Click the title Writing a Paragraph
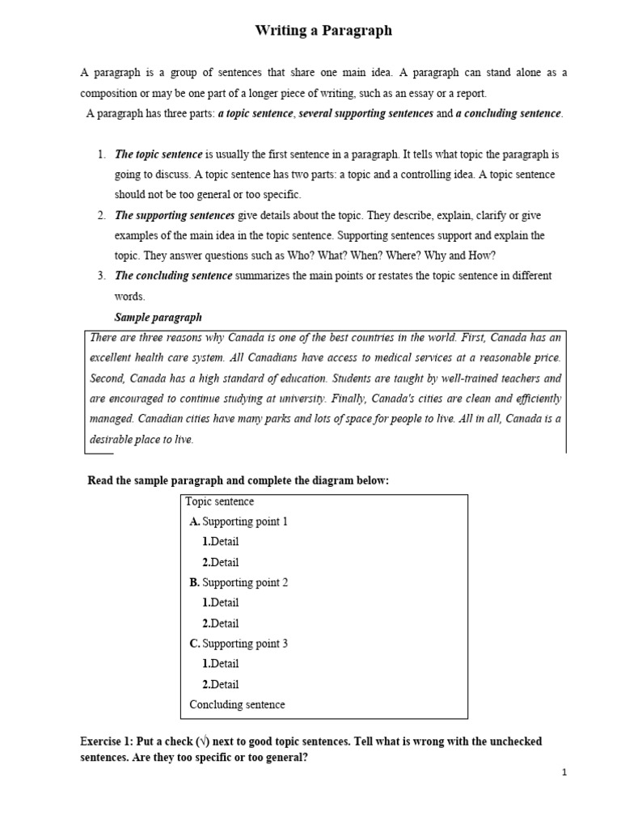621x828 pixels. [323, 31]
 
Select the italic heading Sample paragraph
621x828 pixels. [158, 316]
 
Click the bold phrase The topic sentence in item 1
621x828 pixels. [158, 154]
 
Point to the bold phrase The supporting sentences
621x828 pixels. [175, 215]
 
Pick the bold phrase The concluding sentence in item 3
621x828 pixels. [174, 276]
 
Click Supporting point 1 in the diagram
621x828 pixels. [244, 522]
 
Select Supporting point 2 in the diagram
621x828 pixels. [244, 582]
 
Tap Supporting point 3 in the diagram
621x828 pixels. [244, 644]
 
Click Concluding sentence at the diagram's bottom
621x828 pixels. [237, 704]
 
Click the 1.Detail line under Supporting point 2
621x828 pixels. [220, 602]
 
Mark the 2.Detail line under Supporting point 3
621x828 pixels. [220, 684]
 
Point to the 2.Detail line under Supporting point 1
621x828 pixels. [220, 562]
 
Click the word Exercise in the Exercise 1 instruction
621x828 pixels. [102, 741]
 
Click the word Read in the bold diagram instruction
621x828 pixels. [99, 481]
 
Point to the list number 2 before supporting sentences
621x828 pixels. [101, 215]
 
